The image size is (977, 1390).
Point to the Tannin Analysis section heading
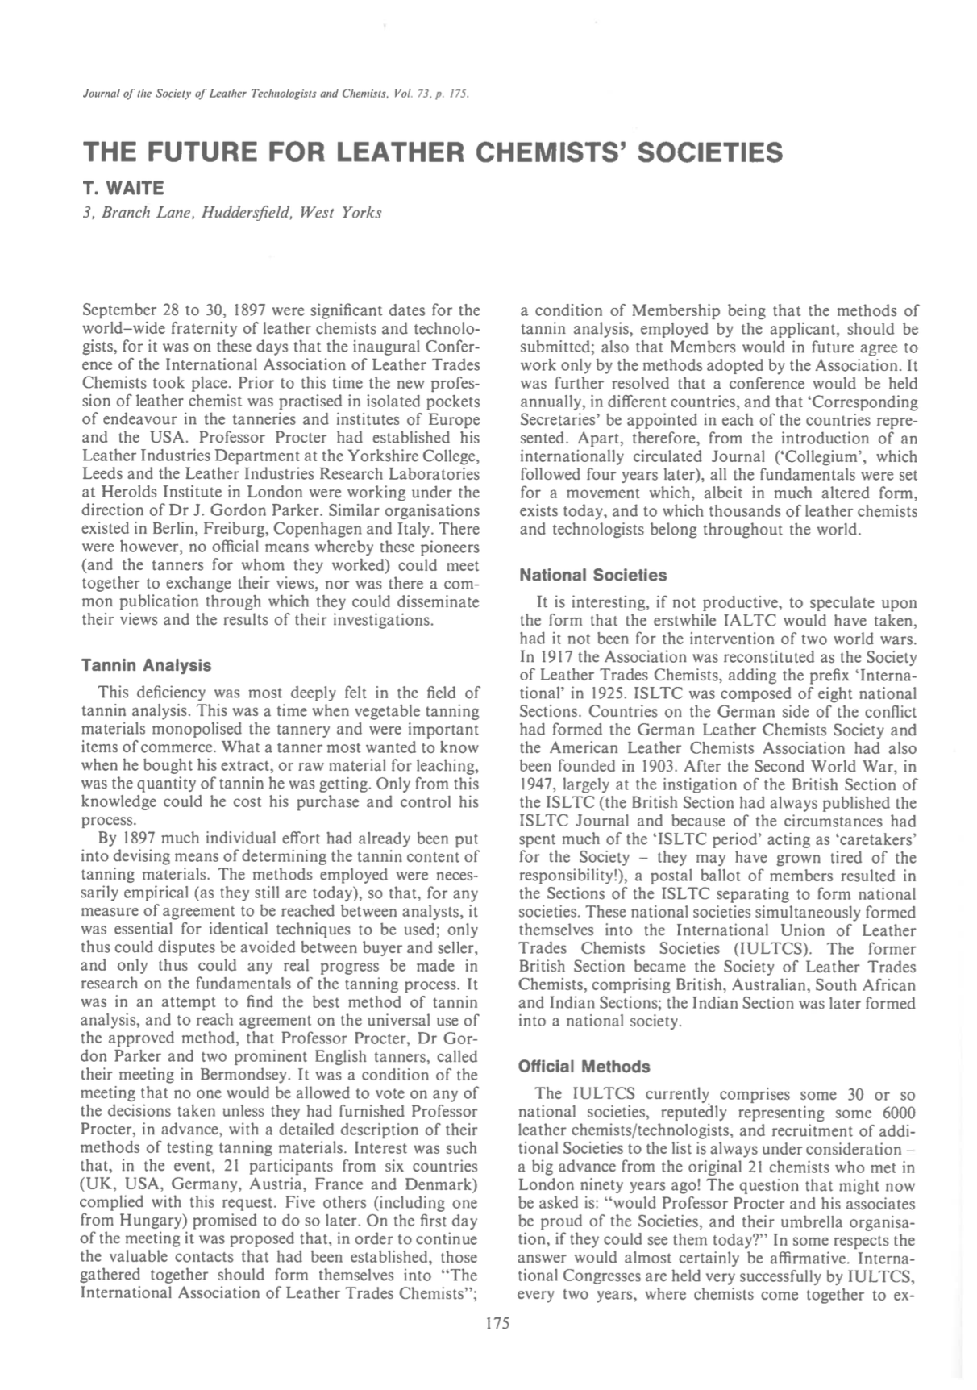(147, 665)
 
